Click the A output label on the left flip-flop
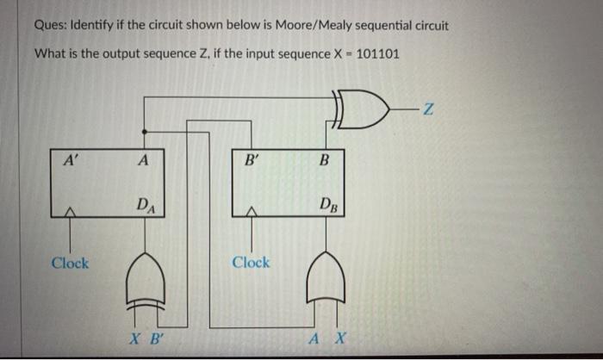pos(142,158)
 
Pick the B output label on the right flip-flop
pos(324,158)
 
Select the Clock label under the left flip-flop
pos(69,262)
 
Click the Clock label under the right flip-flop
pos(251,262)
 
